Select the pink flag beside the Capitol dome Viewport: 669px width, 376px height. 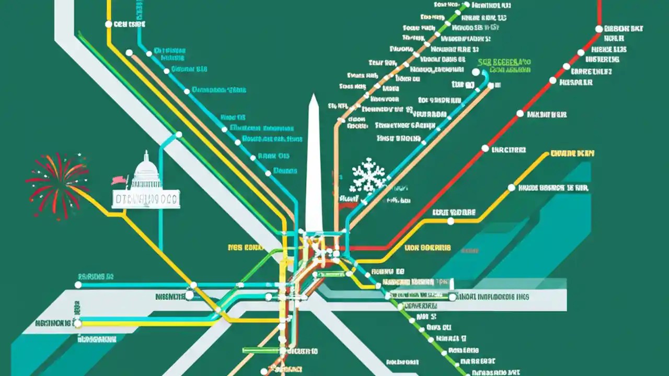coord(119,180)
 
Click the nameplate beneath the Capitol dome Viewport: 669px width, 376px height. coord(146,199)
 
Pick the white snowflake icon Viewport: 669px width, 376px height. coord(369,175)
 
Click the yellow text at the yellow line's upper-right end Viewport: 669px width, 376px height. coord(572,154)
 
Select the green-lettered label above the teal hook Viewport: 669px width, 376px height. coord(504,65)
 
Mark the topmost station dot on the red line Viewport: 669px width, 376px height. coord(599,29)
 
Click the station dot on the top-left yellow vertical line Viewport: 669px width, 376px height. coord(109,24)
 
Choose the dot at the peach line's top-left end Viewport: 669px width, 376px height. coord(129,53)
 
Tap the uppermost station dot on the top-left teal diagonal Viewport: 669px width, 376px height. coord(156,52)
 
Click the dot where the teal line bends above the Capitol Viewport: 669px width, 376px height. coord(178,135)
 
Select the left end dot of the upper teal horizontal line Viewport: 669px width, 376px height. coord(78,285)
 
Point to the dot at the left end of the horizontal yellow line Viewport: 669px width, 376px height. coord(78,324)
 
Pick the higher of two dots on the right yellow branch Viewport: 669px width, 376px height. coord(511,187)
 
